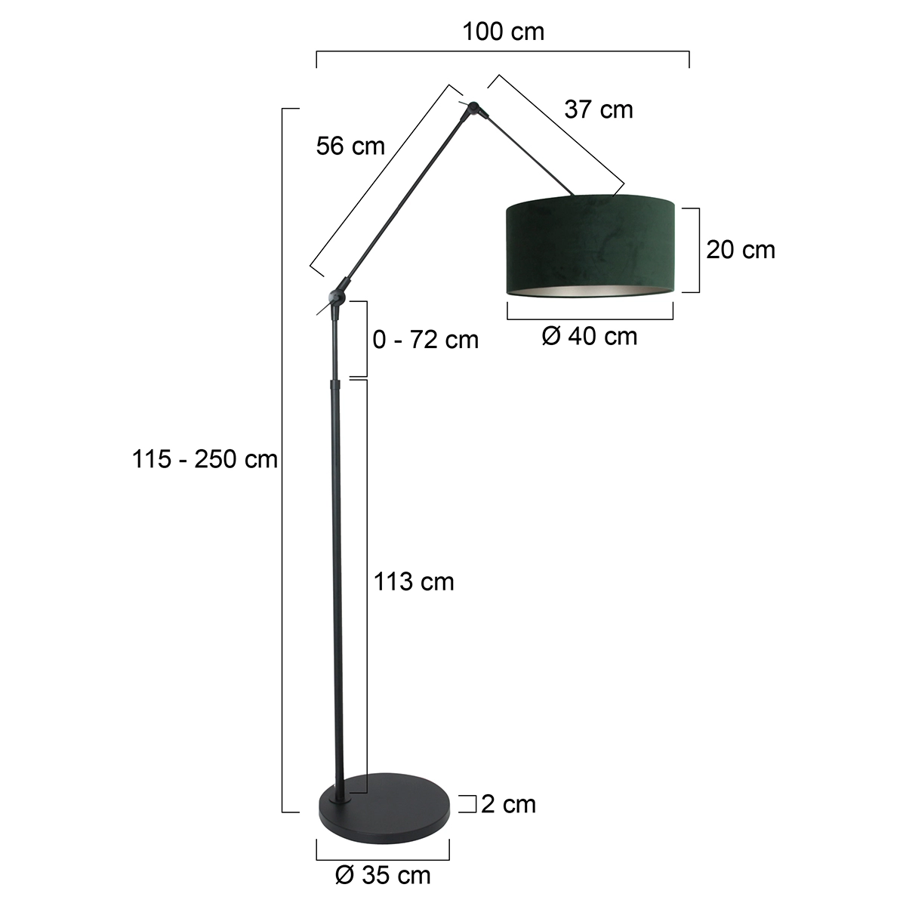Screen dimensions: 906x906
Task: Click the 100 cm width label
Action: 503,32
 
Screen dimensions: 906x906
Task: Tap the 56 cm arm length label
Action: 350,146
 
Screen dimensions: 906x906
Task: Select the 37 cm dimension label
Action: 599,109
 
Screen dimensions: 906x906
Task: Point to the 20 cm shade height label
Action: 741,249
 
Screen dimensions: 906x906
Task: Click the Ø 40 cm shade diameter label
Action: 590,336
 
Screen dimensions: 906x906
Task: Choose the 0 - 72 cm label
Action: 426,340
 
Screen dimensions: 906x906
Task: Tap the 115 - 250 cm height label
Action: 205,458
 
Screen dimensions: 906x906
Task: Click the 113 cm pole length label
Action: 414,581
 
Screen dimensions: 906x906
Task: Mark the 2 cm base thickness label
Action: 508,804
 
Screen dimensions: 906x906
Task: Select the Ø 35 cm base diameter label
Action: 383,875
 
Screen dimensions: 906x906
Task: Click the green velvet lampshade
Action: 590,238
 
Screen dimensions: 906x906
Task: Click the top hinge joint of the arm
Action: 474,109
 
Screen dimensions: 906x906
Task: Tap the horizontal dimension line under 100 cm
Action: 503,52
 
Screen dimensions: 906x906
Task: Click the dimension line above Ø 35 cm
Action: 383,858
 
